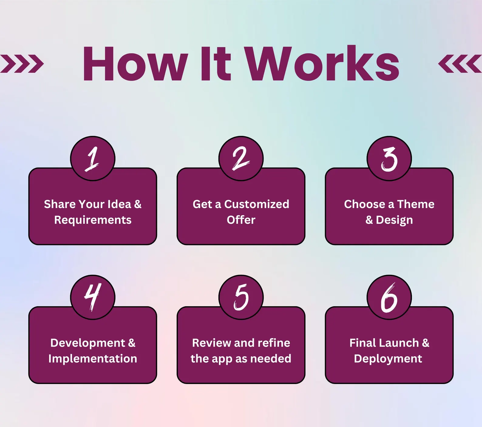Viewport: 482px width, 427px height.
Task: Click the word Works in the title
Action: click(322, 64)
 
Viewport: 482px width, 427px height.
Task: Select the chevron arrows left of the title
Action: click(22, 64)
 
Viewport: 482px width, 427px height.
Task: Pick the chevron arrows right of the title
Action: click(460, 64)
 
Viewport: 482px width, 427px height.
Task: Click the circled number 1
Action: click(93, 158)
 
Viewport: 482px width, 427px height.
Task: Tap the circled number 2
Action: click(241, 158)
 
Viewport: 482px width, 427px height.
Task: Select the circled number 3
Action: click(389, 158)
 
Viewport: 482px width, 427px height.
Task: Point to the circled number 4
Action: click(93, 297)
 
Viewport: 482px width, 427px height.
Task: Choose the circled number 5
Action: click(241, 297)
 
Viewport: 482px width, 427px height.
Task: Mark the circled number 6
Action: click(389, 297)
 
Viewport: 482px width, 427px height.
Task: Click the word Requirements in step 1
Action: click(93, 220)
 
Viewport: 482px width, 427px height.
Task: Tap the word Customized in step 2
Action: click(257, 204)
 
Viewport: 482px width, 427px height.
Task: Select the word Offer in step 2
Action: click(241, 220)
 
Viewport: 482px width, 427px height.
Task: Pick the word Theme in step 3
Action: click(416, 204)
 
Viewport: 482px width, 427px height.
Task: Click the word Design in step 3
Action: click(394, 220)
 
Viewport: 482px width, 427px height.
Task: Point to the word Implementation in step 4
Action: click(93, 359)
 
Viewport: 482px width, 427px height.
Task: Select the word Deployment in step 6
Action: click(388, 359)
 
